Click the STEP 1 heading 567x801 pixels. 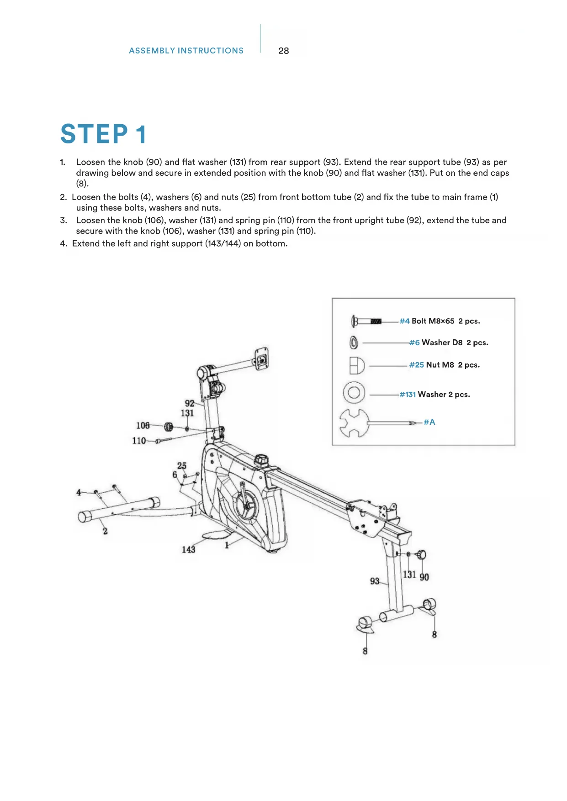(x=104, y=134)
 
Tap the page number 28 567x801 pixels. (x=283, y=51)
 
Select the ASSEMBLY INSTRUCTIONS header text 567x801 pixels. (x=186, y=51)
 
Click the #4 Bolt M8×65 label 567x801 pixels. (x=440, y=321)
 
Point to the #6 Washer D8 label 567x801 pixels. (x=449, y=343)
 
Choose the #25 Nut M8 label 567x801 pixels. (x=444, y=365)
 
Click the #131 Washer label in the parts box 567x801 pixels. (x=435, y=395)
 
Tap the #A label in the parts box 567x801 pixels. (x=429, y=422)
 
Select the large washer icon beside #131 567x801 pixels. (x=354, y=392)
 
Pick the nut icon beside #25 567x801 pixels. (x=357, y=365)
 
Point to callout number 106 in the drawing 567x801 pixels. (x=143, y=426)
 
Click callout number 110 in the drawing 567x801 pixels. (x=139, y=441)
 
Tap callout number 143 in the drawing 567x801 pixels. (x=188, y=549)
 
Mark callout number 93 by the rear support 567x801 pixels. (x=375, y=581)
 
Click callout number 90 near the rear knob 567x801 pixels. (x=424, y=577)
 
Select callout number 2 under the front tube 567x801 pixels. (x=105, y=531)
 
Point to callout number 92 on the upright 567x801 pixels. (x=189, y=403)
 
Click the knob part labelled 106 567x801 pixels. (x=168, y=427)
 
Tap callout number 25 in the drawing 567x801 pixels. (x=182, y=466)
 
